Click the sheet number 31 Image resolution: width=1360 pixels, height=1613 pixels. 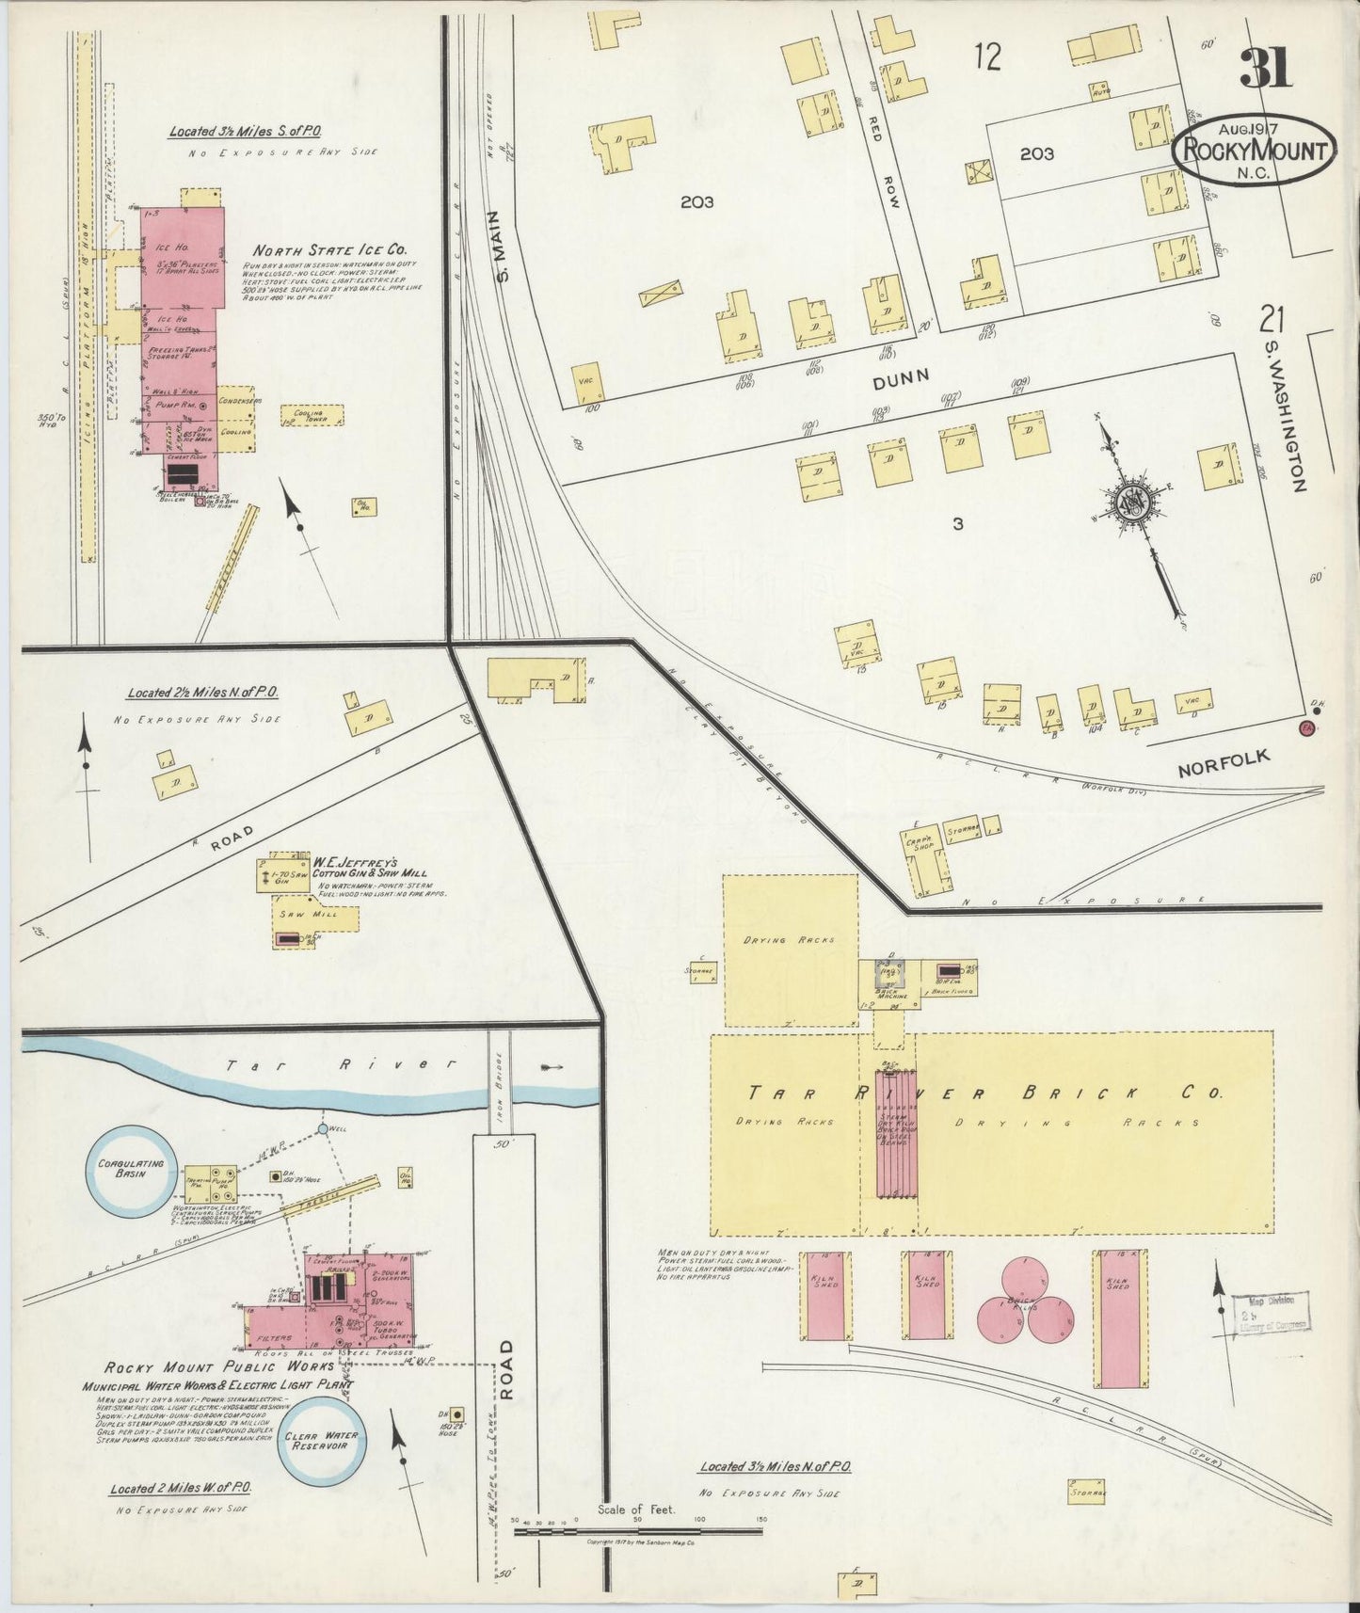click(1266, 68)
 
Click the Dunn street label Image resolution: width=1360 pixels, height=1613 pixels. click(901, 378)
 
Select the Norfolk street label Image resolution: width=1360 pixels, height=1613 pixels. click(1224, 764)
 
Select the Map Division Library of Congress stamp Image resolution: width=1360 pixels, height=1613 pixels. click(1272, 1313)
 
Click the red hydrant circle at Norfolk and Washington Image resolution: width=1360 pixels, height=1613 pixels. click(1306, 728)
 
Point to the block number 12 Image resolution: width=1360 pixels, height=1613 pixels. click(987, 58)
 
